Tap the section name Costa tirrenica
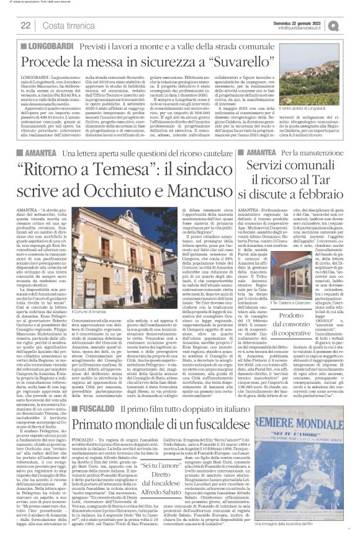tap(65, 25)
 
